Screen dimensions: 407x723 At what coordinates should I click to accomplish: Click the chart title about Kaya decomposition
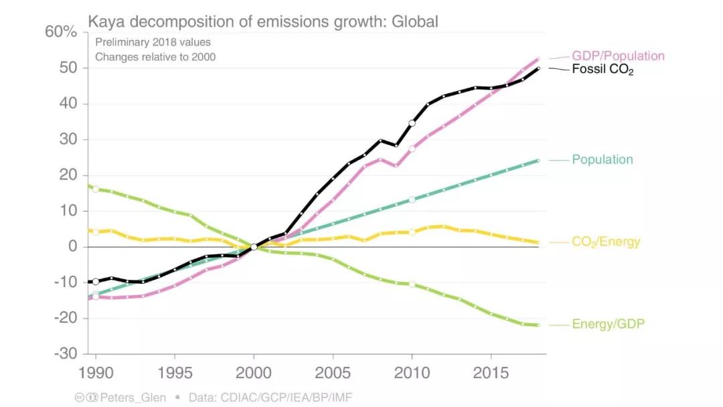tap(263, 22)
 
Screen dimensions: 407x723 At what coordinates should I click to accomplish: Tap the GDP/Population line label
tap(617, 56)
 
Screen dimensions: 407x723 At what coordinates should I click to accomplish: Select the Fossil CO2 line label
tap(602, 69)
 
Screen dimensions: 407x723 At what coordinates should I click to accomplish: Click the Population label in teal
tap(602, 159)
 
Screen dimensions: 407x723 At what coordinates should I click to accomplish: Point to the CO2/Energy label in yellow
tap(605, 242)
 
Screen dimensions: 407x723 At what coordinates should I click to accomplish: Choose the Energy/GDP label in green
tap(608, 325)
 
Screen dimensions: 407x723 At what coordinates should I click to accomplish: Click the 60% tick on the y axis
tap(62, 33)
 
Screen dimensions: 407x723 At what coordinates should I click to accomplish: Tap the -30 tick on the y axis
tap(66, 353)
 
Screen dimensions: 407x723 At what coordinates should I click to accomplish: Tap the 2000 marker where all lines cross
tap(254, 247)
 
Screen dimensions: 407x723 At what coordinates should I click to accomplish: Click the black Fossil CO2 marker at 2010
tap(412, 123)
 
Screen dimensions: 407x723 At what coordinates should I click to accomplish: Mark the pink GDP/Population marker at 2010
tap(412, 149)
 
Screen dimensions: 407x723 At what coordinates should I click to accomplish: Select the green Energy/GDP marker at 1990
tap(96, 189)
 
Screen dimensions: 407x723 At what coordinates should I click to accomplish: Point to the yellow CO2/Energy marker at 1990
tap(96, 232)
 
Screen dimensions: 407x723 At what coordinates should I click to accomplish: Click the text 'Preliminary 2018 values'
tap(153, 42)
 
